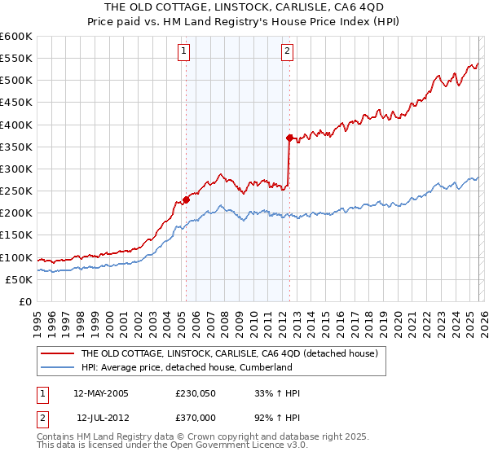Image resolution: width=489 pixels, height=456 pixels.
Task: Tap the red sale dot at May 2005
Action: click(186, 199)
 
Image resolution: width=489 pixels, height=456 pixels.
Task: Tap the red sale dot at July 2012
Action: click(289, 138)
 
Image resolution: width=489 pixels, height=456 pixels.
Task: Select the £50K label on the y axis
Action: click(20, 279)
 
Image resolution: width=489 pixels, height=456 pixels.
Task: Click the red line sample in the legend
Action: click(58, 354)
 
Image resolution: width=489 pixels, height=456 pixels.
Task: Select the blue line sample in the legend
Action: click(58, 368)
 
